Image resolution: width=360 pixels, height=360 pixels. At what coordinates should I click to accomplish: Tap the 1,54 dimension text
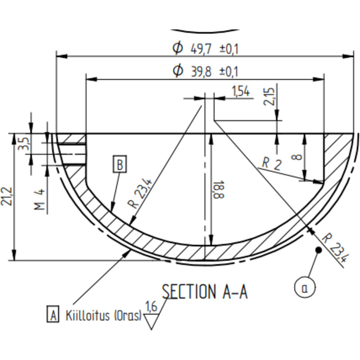tap(240, 91)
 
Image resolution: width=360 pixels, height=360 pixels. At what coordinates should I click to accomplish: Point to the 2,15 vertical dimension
tap(269, 96)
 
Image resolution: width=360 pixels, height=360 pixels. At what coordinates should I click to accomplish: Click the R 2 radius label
tap(272, 164)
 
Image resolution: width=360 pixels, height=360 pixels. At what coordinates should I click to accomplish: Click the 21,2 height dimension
tap(7, 196)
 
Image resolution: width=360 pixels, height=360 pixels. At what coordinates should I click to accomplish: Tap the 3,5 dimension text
tap(24, 143)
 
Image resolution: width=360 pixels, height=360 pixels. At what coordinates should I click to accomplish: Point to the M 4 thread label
tap(39, 199)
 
